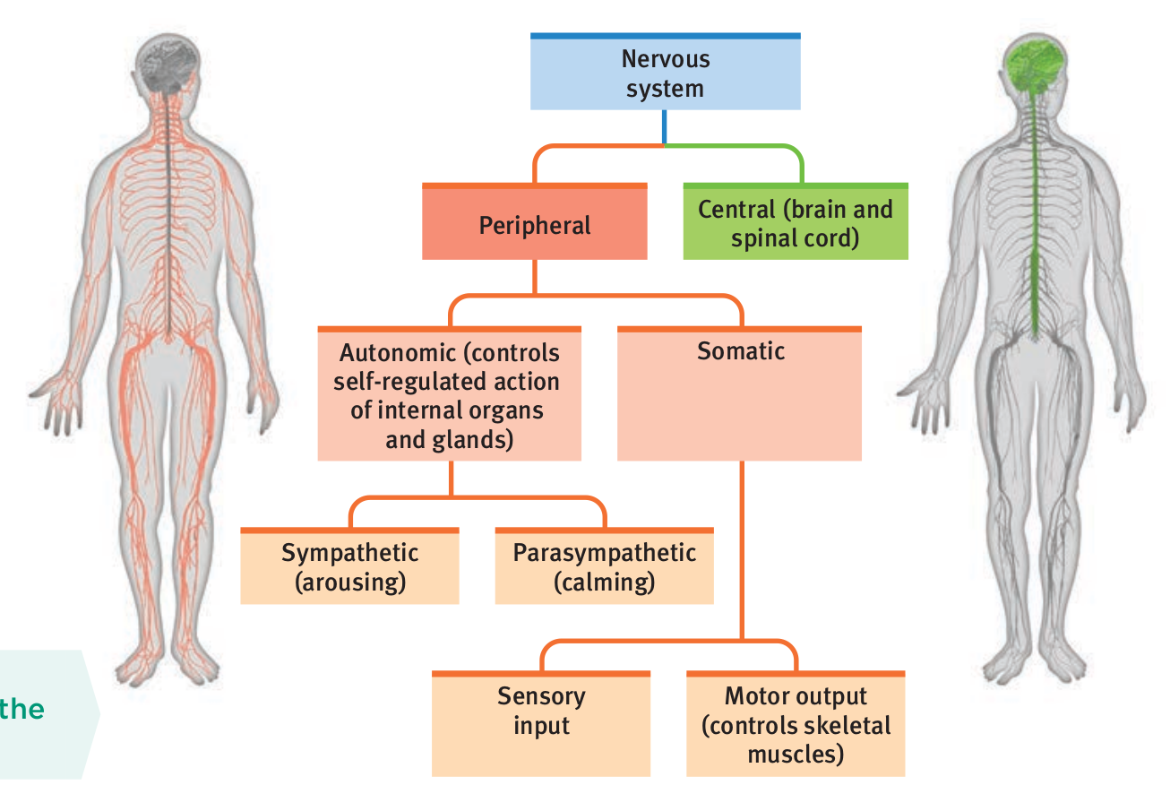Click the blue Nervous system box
point(665,73)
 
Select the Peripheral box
point(534,223)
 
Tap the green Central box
point(795,223)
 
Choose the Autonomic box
point(449,395)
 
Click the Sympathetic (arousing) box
point(349,567)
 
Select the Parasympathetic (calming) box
point(604,567)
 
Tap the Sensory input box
point(540,724)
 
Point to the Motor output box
point(795,724)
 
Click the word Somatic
point(741,351)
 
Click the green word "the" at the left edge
point(22,710)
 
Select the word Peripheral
point(534,225)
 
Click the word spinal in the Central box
point(765,238)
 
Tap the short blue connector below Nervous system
point(664,126)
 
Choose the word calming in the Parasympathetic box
point(604,582)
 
